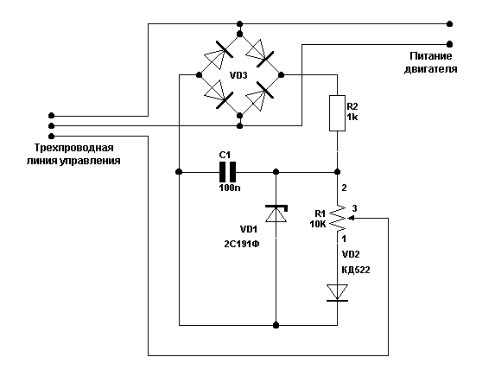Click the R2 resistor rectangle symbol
(x=337, y=112)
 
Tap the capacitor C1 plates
(x=227, y=172)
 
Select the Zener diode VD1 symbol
(x=276, y=213)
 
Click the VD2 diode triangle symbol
(x=337, y=292)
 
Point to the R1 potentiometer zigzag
(x=337, y=218)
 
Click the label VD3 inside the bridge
(x=238, y=75)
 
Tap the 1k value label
(x=352, y=118)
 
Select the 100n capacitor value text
(x=230, y=188)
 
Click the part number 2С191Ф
(x=242, y=245)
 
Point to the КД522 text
(x=356, y=271)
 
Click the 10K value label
(x=318, y=225)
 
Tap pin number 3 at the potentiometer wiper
(x=354, y=208)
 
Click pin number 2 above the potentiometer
(x=344, y=188)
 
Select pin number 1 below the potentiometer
(x=344, y=239)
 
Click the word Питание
(x=431, y=56)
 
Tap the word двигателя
(x=430, y=69)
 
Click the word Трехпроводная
(x=74, y=148)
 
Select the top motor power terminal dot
(x=450, y=24)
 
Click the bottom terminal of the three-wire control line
(x=52, y=137)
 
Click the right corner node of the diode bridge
(x=282, y=75)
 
